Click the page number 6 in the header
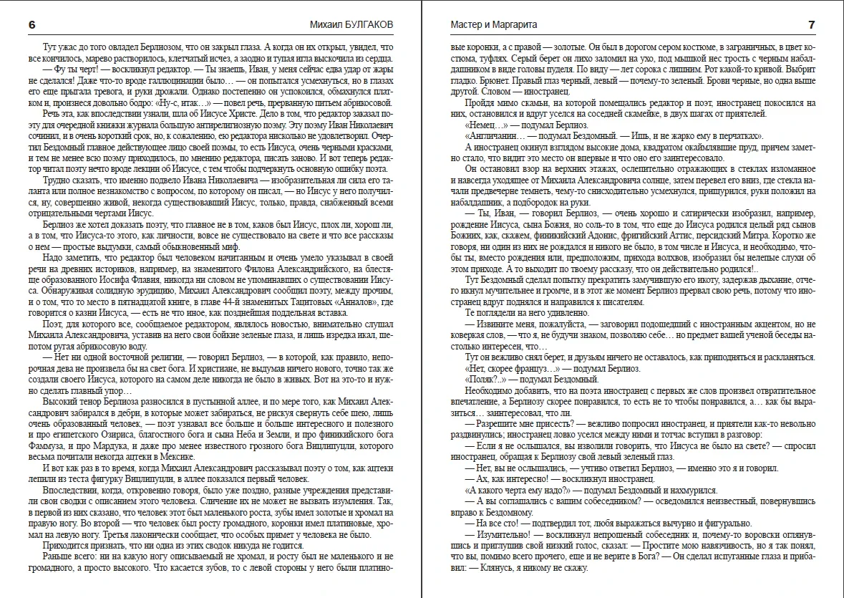[x=31, y=25]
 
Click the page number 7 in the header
[x=811, y=25]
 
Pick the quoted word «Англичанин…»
[x=496, y=136]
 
